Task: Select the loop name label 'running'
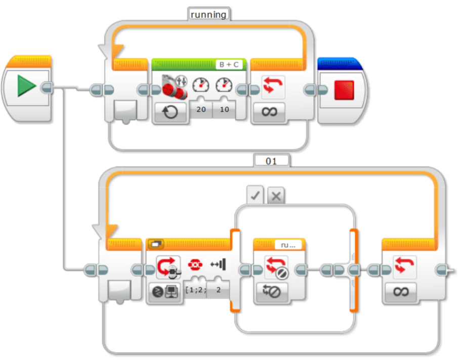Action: pyautogui.click(x=208, y=15)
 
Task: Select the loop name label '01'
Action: pyautogui.click(x=272, y=161)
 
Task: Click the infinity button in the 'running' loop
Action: pyautogui.click(x=266, y=111)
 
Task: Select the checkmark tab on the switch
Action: pyautogui.click(x=256, y=196)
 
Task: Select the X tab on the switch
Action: pyautogui.click(x=276, y=196)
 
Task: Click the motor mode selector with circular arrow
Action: pyautogui.click(x=170, y=111)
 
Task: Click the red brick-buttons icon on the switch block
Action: pyautogui.click(x=195, y=264)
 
